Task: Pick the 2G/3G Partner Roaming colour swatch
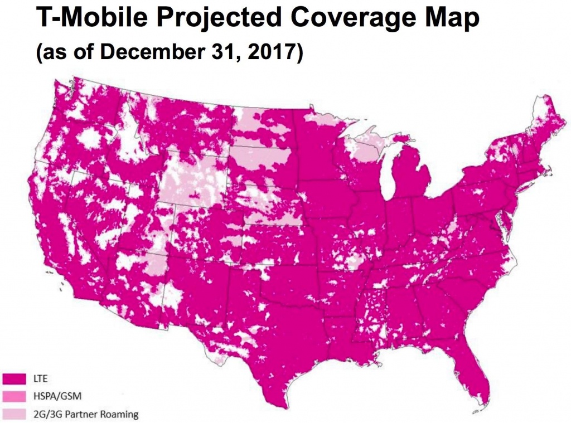pos(14,414)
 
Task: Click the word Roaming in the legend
pos(120,414)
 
